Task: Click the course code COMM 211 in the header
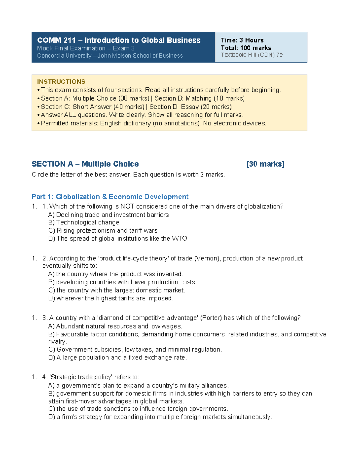click(56, 40)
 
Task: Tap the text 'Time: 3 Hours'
click(242, 40)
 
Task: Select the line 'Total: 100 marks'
click(246, 48)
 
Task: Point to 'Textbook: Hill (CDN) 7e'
click(252, 55)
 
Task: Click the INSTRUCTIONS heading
click(61, 82)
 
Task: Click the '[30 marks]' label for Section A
click(265, 164)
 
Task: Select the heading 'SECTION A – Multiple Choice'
click(85, 164)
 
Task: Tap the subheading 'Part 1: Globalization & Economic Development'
click(110, 197)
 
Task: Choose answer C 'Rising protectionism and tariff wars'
click(103, 230)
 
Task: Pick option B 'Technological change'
click(84, 222)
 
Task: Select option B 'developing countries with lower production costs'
click(122, 282)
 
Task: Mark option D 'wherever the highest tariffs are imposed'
click(111, 298)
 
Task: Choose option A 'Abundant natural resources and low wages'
click(115, 326)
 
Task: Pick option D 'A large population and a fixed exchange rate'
click(117, 358)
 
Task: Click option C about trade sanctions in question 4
click(138, 409)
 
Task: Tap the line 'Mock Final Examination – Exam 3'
click(86, 48)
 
